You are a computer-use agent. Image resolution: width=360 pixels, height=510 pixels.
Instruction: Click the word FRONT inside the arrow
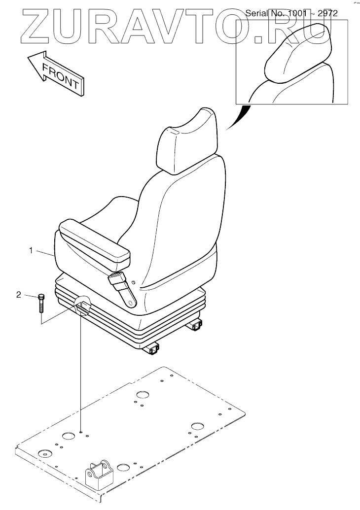coord(60,75)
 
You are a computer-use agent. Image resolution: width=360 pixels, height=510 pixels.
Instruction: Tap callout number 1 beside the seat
coord(31,251)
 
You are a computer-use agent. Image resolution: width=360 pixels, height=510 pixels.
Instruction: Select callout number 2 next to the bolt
coord(19,295)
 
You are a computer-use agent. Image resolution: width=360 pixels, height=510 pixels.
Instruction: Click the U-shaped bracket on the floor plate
coord(100,474)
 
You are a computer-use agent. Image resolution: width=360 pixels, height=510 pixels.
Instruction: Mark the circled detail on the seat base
coord(83,307)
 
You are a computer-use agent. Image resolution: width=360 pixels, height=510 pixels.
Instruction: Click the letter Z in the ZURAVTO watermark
coord(32,27)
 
